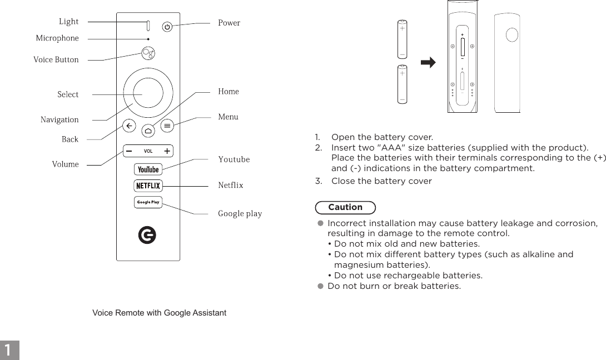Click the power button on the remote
click(x=167, y=26)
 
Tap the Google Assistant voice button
click(x=148, y=54)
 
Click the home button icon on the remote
click(x=148, y=131)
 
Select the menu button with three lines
click(x=167, y=126)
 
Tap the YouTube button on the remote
click(x=148, y=169)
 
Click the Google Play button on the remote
click(x=148, y=202)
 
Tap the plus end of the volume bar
click(x=167, y=151)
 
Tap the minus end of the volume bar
click(x=129, y=151)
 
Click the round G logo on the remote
click(x=147, y=236)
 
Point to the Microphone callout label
click(x=57, y=38)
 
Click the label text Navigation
click(x=59, y=120)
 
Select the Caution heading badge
click(x=345, y=207)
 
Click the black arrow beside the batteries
click(x=428, y=63)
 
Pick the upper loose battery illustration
click(x=402, y=39)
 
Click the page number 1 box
click(x=9, y=350)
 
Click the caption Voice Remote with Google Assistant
click(x=159, y=313)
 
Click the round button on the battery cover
click(x=513, y=35)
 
